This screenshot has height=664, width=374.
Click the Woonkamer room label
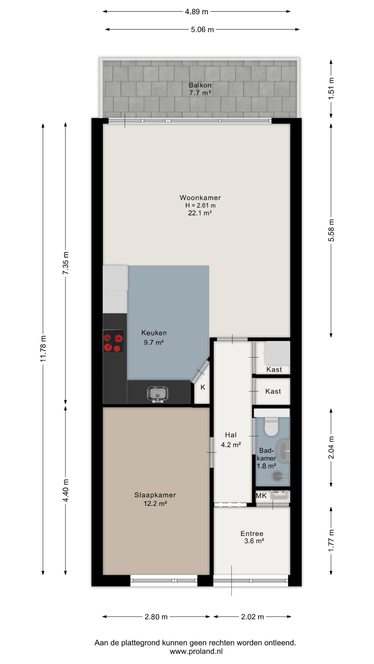(200, 198)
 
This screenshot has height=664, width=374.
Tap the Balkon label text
(200, 85)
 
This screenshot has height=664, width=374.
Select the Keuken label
(154, 333)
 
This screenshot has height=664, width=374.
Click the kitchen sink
(158, 395)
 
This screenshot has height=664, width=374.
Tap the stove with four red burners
(113, 341)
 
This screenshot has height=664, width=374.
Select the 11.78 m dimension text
(43, 349)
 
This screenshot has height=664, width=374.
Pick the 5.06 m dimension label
(202, 30)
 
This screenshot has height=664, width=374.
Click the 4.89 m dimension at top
(197, 12)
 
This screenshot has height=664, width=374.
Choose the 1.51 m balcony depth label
(331, 88)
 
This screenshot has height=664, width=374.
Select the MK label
(261, 496)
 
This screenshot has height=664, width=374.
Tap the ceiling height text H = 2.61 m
(200, 205)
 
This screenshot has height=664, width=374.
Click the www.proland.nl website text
(196, 651)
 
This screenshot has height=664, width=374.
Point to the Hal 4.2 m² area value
(231, 445)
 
